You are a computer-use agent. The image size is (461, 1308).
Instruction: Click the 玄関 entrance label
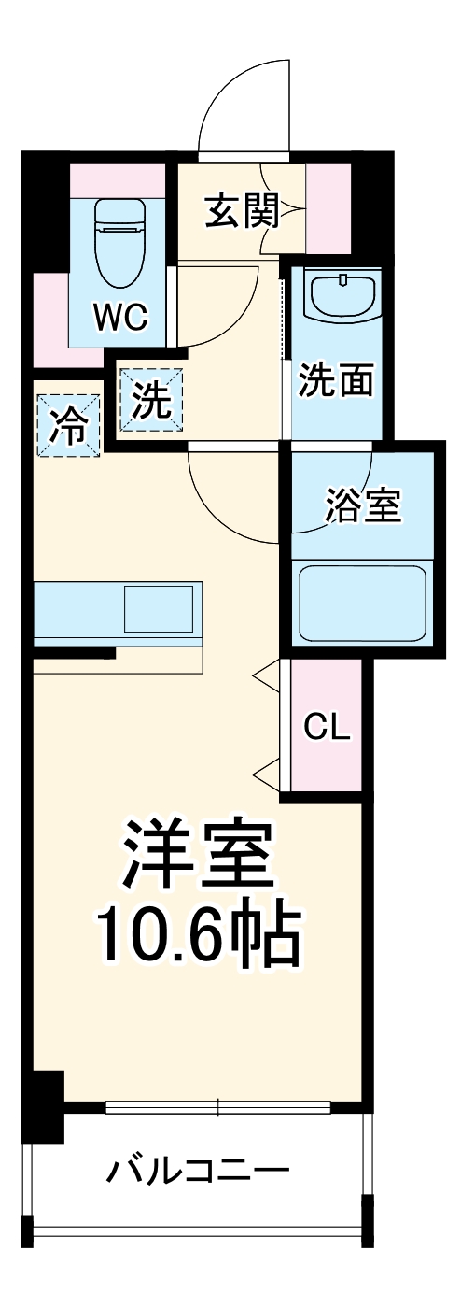(242, 214)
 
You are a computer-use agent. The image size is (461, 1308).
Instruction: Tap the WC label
(119, 318)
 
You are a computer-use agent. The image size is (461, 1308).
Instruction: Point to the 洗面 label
(336, 380)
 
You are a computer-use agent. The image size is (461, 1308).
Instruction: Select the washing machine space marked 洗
(150, 402)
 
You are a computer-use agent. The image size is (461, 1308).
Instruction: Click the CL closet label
(328, 726)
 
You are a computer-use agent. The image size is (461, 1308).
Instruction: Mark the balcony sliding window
(218, 1108)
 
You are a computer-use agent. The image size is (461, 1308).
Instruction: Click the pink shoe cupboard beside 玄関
(328, 207)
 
